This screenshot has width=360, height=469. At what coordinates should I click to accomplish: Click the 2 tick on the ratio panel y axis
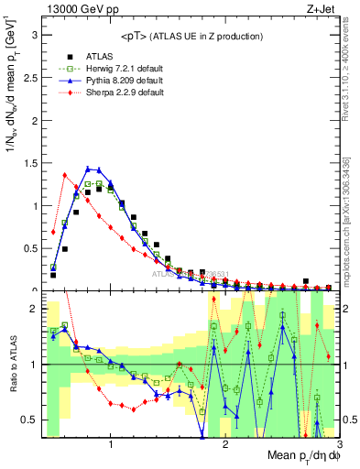[x=35, y=310]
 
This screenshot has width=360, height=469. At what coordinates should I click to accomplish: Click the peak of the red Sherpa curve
[x=65, y=175]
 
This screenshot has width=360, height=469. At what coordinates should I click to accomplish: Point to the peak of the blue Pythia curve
[x=88, y=168]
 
